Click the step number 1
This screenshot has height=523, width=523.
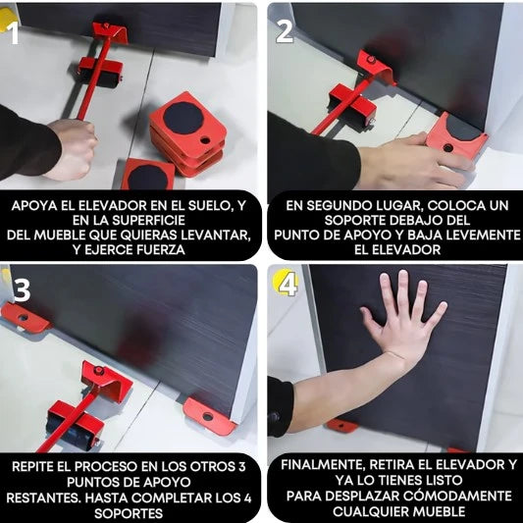tap(13, 33)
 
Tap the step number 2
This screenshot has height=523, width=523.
tap(285, 31)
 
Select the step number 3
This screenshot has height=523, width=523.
tap(22, 289)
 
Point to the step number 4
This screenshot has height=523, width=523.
tap(288, 286)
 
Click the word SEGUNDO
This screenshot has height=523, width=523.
tap(340, 205)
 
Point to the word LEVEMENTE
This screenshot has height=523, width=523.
tap(483, 235)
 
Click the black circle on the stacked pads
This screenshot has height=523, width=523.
tap(183, 118)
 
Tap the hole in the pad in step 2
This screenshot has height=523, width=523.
tap(448, 147)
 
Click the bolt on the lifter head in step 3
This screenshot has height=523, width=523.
tap(99, 370)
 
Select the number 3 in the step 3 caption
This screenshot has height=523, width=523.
tap(242, 466)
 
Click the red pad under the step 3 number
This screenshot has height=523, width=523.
tap(25, 318)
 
